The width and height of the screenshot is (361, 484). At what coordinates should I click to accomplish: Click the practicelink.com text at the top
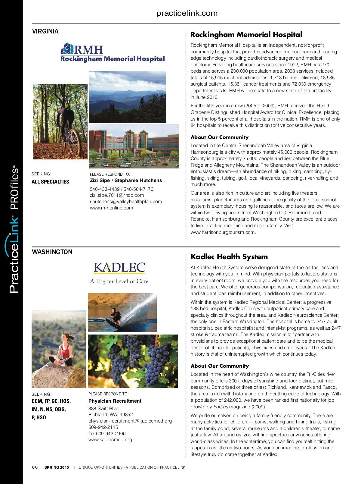point(187,13)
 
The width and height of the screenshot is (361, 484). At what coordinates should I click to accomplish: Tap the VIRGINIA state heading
point(45,31)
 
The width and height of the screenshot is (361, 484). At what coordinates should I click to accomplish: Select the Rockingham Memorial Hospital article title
point(246,35)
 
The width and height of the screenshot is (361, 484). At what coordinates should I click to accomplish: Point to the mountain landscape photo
point(128,96)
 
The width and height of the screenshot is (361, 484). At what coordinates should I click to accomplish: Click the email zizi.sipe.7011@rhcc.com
point(117,195)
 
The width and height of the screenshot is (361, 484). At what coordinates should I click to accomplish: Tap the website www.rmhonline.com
point(111,208)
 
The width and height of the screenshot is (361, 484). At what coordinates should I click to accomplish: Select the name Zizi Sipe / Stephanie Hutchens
point(126,181)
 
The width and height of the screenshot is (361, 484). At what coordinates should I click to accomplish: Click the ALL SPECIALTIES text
point(50,182)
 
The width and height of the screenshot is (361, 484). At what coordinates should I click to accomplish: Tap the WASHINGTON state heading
point(52,252)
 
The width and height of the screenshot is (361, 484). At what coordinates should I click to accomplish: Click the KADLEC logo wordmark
point(119,268)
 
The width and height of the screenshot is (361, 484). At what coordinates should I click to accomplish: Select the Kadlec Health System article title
point(229,257)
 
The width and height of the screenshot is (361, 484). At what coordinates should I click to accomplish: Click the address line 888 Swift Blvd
point(103,409)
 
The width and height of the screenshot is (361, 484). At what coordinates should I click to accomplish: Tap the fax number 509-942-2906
point(107,434)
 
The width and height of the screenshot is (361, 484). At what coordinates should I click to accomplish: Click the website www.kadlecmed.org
point(110,440)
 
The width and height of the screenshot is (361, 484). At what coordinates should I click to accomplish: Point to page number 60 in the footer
point(35,467)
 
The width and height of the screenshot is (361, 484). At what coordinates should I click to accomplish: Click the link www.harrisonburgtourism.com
point(223,232)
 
